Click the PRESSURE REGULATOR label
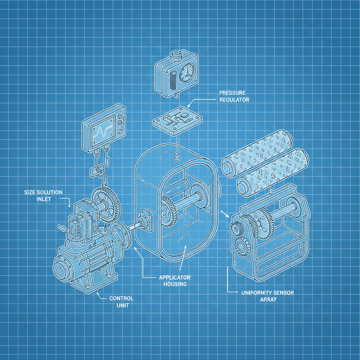coord(234,96)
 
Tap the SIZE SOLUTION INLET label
coord(43,195)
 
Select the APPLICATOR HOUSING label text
coord(175,281)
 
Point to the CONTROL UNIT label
coord(121,302)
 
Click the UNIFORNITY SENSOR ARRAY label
coord(268,296)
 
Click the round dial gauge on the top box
coord(187,73)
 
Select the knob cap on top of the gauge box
coord(176,54)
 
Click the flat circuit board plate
coord(178,120)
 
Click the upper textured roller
coord(257,153)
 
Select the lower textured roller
coord(273,172)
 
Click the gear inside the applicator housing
coord(169,211)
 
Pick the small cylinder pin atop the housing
coord(177,157)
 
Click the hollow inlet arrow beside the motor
coord(62,228)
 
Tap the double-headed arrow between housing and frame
coord(225,214)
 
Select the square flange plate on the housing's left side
coord(146,220)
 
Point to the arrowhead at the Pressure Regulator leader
coord(189,106)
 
